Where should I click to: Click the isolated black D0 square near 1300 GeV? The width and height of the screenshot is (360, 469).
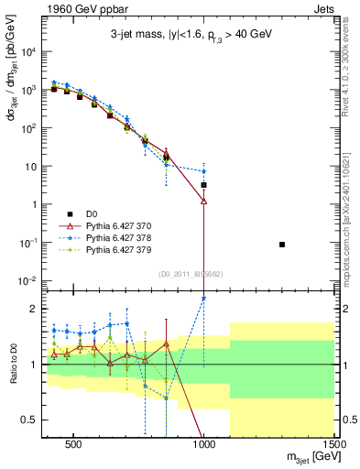[282, 245]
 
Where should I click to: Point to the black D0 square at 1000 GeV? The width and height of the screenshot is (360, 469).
[203, 185]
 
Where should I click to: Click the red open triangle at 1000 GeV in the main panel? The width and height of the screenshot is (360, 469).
[203, 201]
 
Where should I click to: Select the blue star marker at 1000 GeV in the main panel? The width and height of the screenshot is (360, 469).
[203, 171]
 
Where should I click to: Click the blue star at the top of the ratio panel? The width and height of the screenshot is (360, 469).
[203, 298]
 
